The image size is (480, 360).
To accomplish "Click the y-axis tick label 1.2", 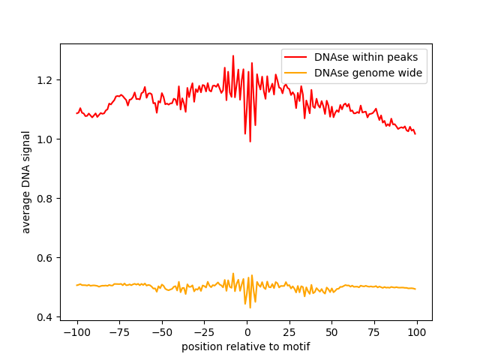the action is pyautogui.click(x=44, y=80).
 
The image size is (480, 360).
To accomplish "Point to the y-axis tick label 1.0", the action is pyautogui.click(x=44, y=139).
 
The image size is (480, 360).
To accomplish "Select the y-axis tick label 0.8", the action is pyautogui.click(x=44, y=199).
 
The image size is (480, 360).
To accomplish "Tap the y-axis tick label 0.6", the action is pyautogui.click(x=44, y=258).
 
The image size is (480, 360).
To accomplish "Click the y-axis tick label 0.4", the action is pyautogui.click(x=44, y=317).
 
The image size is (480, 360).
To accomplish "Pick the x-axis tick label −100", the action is pyautogui.click(x=76, y=332).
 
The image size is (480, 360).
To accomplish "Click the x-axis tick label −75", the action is pyautogui.click(x=119, y=332).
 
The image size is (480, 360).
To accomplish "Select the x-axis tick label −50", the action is pyautogui.click(x=162, y=332).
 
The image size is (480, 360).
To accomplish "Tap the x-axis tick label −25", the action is pyautogui.click(x=204, y=332).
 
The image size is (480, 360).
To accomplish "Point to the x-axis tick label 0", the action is pyautogui.click(x=247, y=332).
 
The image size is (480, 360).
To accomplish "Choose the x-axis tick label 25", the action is pyautogui.click(x=289, y=332).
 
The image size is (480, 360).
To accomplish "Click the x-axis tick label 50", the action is pyautogui.click(x=331, y=332).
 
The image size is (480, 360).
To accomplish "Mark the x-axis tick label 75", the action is pyautogui.click(x=374, y=332).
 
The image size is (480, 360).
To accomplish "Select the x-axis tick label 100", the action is pyautogui.click(x=417, y=332).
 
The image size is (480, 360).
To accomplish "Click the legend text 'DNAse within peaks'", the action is pyautogui.click(x=366, y=57).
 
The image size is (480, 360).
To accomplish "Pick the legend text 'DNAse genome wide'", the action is pyautogui.click(x=368, y=73).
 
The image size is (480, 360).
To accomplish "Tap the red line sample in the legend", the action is pyautogui.click(x=295, y=57).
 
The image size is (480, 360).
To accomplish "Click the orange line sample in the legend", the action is pyautogui.click(x=295, y=73).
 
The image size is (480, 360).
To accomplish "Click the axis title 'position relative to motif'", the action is pyautogui.click(x=246, y=346).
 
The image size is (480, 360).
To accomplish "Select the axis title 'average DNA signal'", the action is pyautogui.click(x=26, y=182).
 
